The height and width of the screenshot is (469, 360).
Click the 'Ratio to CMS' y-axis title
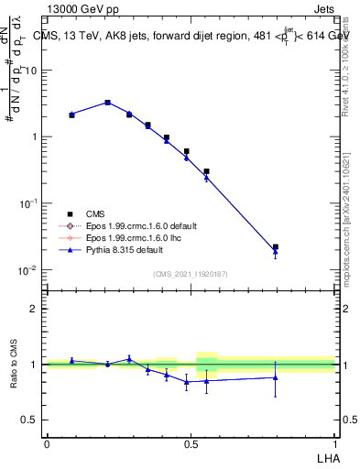[15, 363]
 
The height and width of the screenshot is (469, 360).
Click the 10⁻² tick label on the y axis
[27, 270]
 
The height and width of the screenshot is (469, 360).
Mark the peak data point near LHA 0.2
[107, 103]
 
